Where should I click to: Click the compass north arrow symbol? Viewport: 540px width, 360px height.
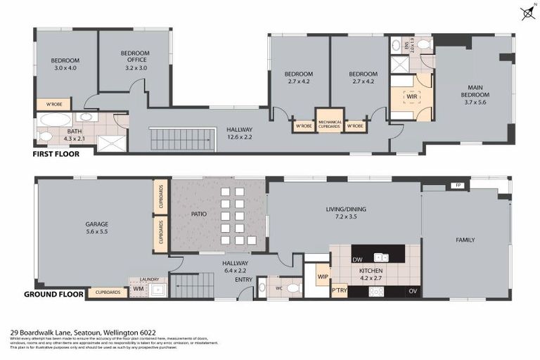point(527,12)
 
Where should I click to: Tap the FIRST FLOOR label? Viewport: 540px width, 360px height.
point(56,153)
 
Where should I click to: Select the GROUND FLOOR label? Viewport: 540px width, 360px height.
point(54,294)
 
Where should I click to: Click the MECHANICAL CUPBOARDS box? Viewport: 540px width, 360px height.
point(330,122)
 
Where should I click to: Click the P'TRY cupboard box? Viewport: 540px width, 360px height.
point(340,290)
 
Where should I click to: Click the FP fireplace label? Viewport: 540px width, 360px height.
point(458,186)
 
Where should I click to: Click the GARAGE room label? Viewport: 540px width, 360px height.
point(96,225)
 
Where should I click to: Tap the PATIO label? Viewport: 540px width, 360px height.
point(197,214)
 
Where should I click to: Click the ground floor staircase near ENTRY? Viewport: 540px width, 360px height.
point(191,285)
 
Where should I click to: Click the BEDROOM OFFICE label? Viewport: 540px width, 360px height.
point(133,56)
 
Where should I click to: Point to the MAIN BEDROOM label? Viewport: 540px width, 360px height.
point(471,90)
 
